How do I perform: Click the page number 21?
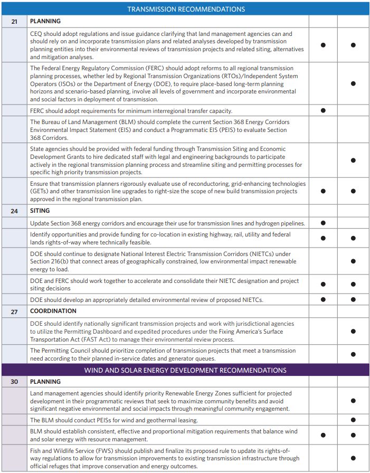click(14, 21)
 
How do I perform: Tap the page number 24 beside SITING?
click(14, 211)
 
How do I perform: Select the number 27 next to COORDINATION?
click(14, 311)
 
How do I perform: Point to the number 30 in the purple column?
click(14, 381)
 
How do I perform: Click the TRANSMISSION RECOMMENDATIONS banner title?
click(186, 9)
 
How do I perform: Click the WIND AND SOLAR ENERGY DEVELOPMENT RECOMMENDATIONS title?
click(186, 370)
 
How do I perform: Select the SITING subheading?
click(40, 211)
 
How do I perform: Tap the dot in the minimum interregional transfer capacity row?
click(323, 110)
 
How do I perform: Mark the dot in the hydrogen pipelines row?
click(323, 223)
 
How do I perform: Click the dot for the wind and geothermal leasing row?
click(353, 420)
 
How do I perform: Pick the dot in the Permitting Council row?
click(353, 354)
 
